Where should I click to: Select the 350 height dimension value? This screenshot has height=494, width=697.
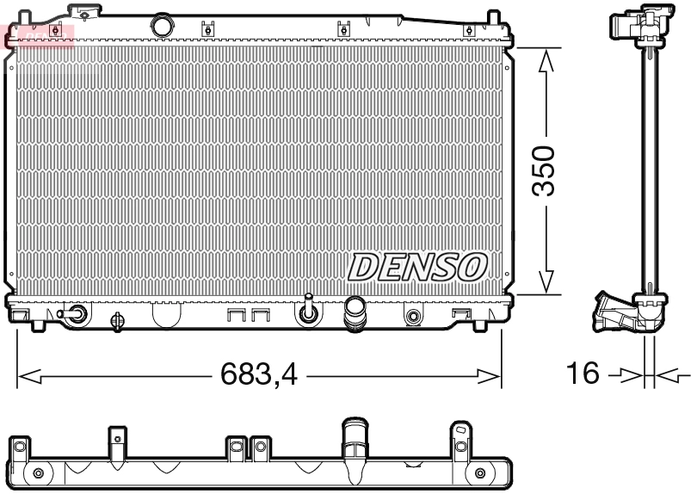(x=545, y=171)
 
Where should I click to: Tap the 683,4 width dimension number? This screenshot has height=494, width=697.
(x=258, y=375)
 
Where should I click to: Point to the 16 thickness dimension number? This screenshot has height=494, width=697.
(x=583, y=374)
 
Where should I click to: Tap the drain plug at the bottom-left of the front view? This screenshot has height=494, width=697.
(x=77, y=315)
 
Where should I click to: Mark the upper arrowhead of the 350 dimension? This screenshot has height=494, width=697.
(x=545, y=59)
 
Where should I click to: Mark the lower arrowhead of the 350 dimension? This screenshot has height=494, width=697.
(x=545, y=283)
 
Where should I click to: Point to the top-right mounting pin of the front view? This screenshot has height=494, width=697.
(x=493, y=18)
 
